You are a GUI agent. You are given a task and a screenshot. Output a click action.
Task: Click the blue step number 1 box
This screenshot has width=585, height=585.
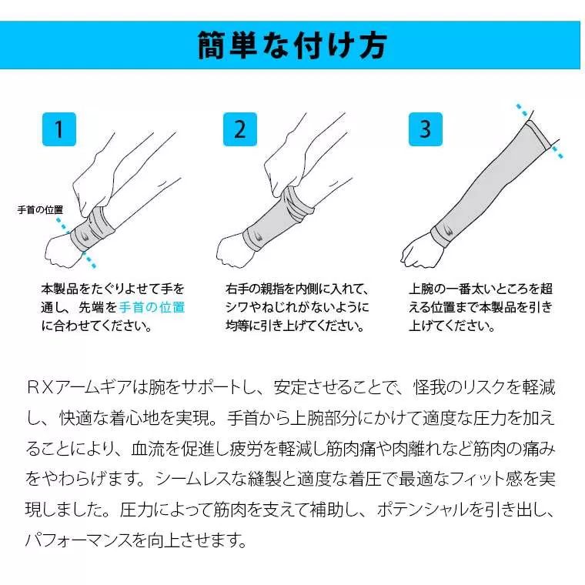tap(59, 129)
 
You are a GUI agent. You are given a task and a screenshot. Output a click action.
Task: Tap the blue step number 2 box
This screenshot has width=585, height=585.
tap(239, 129)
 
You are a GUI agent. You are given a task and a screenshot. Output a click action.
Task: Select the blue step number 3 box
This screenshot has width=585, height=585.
tap(425, 129)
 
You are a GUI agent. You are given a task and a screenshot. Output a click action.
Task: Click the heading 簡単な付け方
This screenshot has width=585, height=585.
tap(292, 45)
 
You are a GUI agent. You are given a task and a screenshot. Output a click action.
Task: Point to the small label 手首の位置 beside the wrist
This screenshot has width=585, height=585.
tap(40, 209)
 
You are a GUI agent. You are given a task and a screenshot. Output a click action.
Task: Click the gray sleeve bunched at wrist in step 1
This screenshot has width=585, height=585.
tap(92, 227)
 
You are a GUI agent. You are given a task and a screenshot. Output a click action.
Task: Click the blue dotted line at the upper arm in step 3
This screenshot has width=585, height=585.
tap(539, 131)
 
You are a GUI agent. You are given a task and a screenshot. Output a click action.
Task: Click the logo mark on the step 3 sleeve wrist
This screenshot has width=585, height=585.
tap(445, 229)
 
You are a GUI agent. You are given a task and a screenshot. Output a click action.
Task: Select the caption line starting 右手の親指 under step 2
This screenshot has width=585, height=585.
tap(297, 289)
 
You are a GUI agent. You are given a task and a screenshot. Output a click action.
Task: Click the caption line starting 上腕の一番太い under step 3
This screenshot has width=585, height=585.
tap(480, 289)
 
